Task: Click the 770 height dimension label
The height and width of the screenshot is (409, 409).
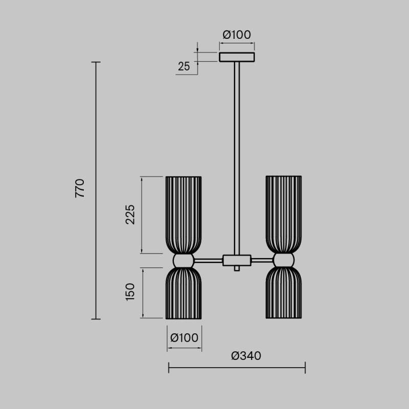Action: point(80,189)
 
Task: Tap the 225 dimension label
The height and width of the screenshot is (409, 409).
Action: point(130,215)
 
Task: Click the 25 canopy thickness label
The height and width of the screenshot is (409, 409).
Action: point(184,65)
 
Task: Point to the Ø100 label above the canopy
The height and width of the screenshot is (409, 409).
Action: point(237,35)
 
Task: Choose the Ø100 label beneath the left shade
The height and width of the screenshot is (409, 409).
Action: point(184,337)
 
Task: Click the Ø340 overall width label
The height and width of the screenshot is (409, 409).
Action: point(246,356)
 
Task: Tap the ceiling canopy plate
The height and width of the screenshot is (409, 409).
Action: point(237,57)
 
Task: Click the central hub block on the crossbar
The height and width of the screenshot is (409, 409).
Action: point(237,260)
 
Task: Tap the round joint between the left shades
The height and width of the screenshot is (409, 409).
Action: point(184,261)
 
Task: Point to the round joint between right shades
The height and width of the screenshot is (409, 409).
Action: point(283,261)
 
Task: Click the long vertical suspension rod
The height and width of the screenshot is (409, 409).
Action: point(237,153)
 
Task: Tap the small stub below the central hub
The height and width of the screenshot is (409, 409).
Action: point(237,268)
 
